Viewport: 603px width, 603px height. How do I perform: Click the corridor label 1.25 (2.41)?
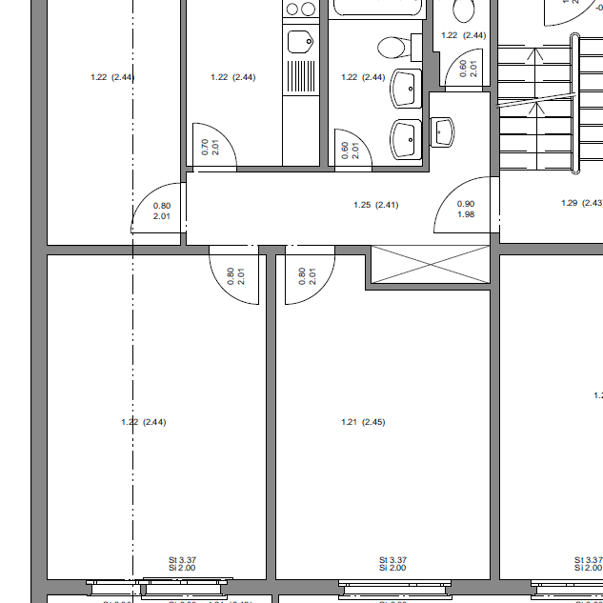pos(375,205)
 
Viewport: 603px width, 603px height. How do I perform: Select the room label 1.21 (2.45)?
pos(362,422)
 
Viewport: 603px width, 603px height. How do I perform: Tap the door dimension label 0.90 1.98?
pos(466,209)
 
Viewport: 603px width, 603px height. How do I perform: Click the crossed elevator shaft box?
pos(429,264)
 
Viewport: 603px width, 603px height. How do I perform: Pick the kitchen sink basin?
pos(301,42)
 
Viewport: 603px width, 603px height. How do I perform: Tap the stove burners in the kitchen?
pos(301,10)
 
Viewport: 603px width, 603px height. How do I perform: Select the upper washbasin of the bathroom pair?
pos(406,89)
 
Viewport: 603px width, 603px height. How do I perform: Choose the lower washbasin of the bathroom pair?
pos(406,139)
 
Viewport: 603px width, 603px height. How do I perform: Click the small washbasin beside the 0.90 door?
pos(444,131)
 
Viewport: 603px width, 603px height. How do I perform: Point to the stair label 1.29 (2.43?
pos(581,202)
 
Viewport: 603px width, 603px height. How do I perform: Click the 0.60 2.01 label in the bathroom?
pos(349,150)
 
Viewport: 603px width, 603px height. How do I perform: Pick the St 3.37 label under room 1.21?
pos(392,560)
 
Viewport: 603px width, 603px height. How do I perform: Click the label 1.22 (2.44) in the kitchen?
pos(232,77)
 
